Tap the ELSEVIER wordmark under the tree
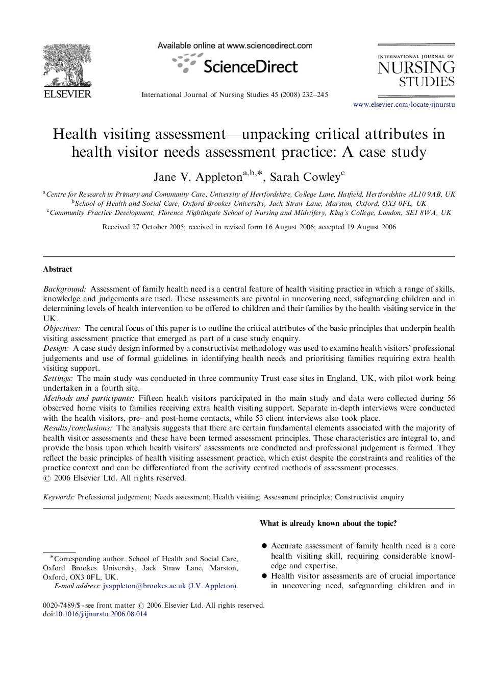pyautogui.click(x=67, y=93)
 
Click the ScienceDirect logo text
pyautogui.click(x=250, y=66)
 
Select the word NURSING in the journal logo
pyautogui.click(x=416, y=68)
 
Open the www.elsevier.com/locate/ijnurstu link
pyautogui.click(x=404, y=105)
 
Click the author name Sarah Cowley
pyautogui.click(x=305, y=177)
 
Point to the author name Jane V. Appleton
pyautogui.click(x=198, y=177)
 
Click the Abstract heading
pyautogui.click(x=57, y=269)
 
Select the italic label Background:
pyautogui.click(x=64, y=289)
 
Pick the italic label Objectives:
pyautogui.click(x=61, y=328)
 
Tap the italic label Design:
pyautogui.click(x=56, y=348)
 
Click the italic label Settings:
pyautogui.click(x=58, y=378)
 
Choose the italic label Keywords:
pyautogui.click(x=59, y=497)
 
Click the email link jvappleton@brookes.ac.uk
pyautogui.click(x=144, y=586)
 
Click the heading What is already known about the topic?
pyautogui.click(x=328, y=523)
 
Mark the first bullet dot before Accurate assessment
pyautogui.click(x=264, y=546)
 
